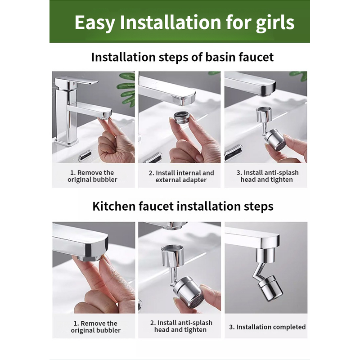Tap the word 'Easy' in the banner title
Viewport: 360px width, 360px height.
(x=94, y=23)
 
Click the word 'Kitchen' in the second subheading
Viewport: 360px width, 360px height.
(x=114, y=206)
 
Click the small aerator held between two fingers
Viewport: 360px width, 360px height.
(x=182, y=117)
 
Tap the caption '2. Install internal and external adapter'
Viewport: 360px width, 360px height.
(x=181, y=176)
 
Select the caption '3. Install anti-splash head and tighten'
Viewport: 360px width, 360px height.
(x=267, y=176)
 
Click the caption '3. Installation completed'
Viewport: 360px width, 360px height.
(x=267, y=327)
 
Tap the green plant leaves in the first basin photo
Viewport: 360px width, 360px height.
(x=127, y=88)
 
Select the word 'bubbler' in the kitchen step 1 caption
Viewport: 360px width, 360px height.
(x=108, y=330)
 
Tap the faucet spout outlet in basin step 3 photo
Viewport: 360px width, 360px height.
(x=267, y=93)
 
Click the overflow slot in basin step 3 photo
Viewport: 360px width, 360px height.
(x=233, y=153)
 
